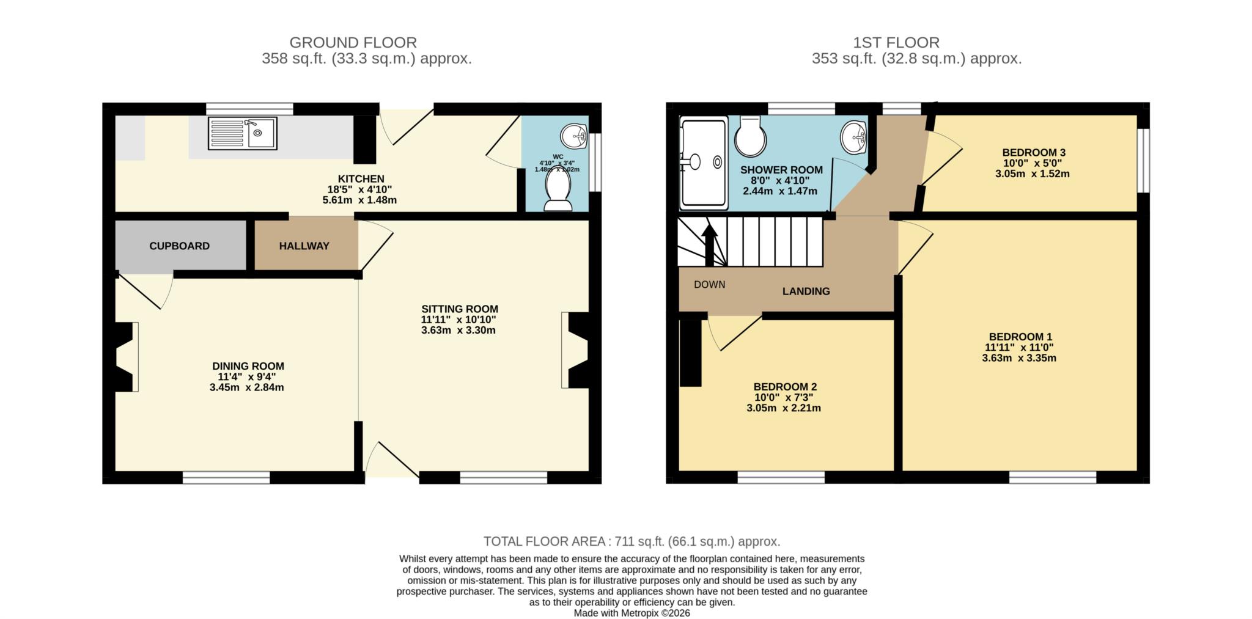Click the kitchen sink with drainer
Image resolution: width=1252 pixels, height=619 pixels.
pos(242,134)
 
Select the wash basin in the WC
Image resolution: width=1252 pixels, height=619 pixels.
pos(573,136)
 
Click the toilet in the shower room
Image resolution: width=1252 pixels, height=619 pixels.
pos(750,137)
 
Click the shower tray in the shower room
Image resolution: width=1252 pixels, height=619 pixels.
pos(704,163)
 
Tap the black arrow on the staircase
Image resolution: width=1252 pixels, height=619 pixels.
pos(709,245)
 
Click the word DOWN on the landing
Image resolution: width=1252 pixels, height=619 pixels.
pos(709,285)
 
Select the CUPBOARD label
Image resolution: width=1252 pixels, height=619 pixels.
pos(179,246)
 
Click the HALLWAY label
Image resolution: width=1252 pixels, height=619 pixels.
pos(304,246)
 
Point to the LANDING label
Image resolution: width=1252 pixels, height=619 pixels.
pos(806,291)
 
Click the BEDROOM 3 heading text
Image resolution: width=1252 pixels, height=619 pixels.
pos(1033,153)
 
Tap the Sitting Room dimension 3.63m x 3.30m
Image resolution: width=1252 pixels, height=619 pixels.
pos(458,331)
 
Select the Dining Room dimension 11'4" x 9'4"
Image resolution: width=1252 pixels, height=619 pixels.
pos(248,377)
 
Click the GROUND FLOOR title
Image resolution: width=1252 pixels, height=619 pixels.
pos(353,43)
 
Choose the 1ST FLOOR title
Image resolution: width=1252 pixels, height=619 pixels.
pos(896,43)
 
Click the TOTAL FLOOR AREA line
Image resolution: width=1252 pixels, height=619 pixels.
pos(632,541)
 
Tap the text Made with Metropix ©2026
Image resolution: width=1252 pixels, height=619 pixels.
pos(632,613)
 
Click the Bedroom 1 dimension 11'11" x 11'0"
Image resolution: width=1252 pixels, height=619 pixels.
pos(1019,348)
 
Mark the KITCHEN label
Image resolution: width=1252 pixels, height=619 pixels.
pos(361,179)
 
